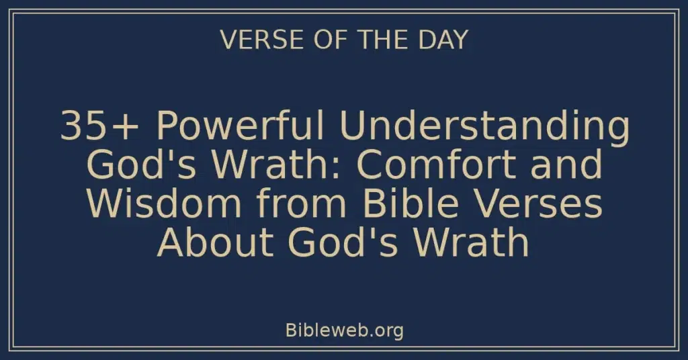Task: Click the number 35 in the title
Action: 79,127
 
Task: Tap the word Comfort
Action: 443,165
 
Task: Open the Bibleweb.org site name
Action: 344,330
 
